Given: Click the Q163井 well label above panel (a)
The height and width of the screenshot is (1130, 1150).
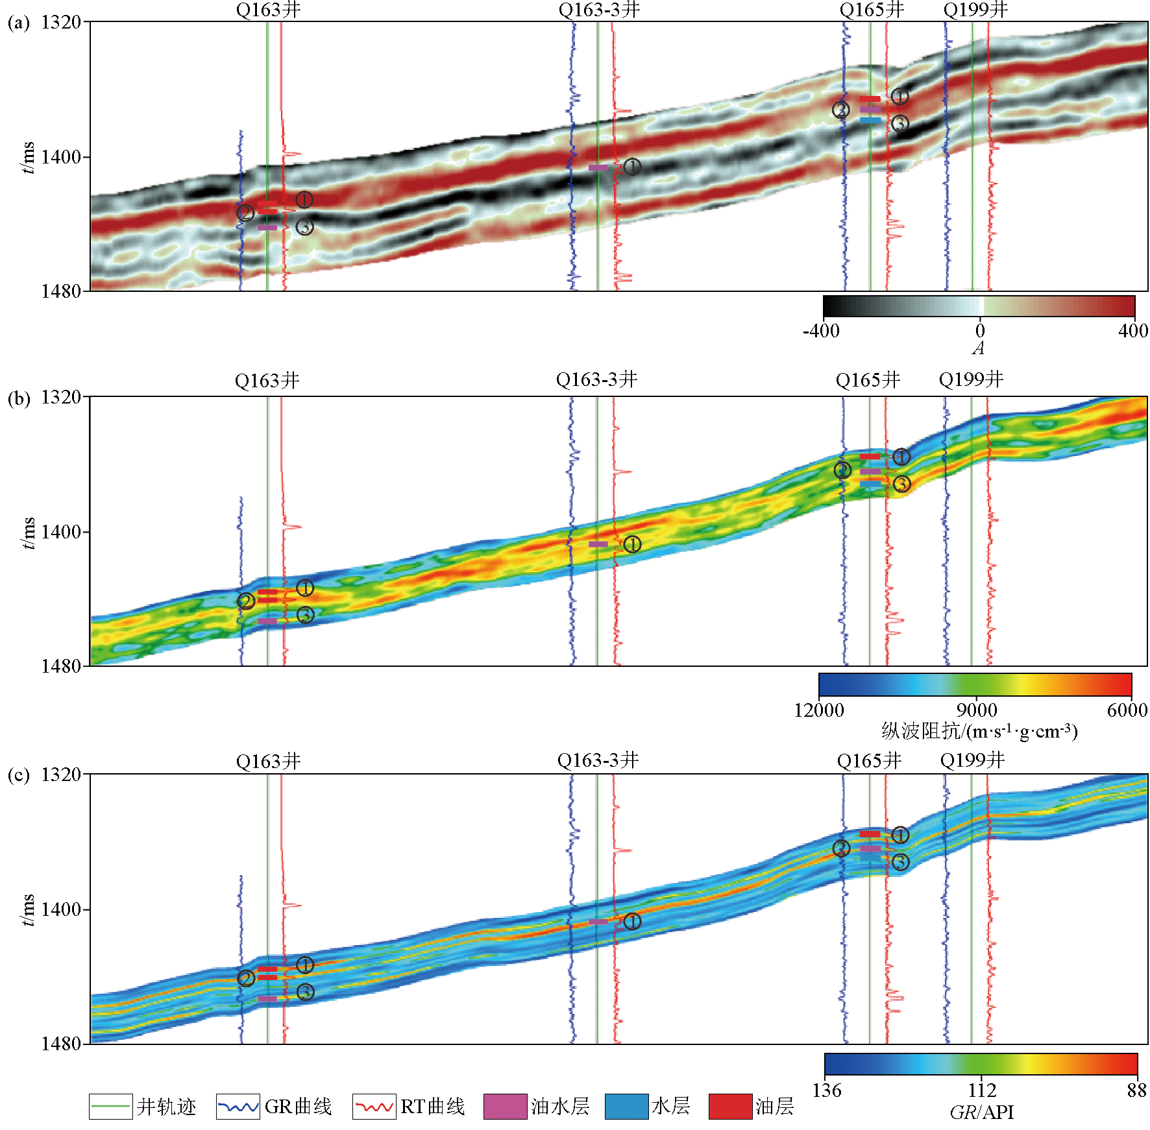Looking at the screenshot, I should point(268,10).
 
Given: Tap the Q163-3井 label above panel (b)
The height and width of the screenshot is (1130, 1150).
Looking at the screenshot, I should point(596,379).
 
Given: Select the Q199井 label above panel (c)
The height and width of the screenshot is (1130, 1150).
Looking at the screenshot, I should point(972,760).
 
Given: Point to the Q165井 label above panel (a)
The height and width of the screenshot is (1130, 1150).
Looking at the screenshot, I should point(872,10).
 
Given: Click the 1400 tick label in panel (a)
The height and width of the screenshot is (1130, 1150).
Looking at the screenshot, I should point(61,157).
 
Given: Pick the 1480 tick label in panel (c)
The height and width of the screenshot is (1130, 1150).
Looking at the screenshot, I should point(61,1044).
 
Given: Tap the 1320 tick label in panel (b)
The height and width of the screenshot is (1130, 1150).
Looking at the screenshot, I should point(61,397).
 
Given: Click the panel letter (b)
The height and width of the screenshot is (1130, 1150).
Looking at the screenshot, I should point(19,398).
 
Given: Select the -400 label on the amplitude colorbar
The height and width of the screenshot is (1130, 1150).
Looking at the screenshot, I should point(821,331).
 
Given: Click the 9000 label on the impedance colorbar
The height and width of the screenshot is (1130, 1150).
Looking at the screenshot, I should point(976,710).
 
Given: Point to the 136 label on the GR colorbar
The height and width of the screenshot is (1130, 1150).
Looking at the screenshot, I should point(827,1090).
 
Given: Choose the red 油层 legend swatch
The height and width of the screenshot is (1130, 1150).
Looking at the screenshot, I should point(730,1107).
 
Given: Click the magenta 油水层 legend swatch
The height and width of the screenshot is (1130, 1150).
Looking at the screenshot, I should point(505,1107).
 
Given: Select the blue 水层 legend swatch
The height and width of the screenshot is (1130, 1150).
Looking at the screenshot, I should point(626,1107).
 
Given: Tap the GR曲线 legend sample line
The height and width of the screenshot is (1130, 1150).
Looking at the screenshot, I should point(238,1107).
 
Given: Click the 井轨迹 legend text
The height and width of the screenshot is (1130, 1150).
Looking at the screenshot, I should point(166,1107).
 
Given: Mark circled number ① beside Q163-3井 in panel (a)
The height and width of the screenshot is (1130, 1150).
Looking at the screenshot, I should point(632,167).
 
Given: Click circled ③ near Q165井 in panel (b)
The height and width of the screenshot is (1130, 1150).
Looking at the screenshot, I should point(901,484).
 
